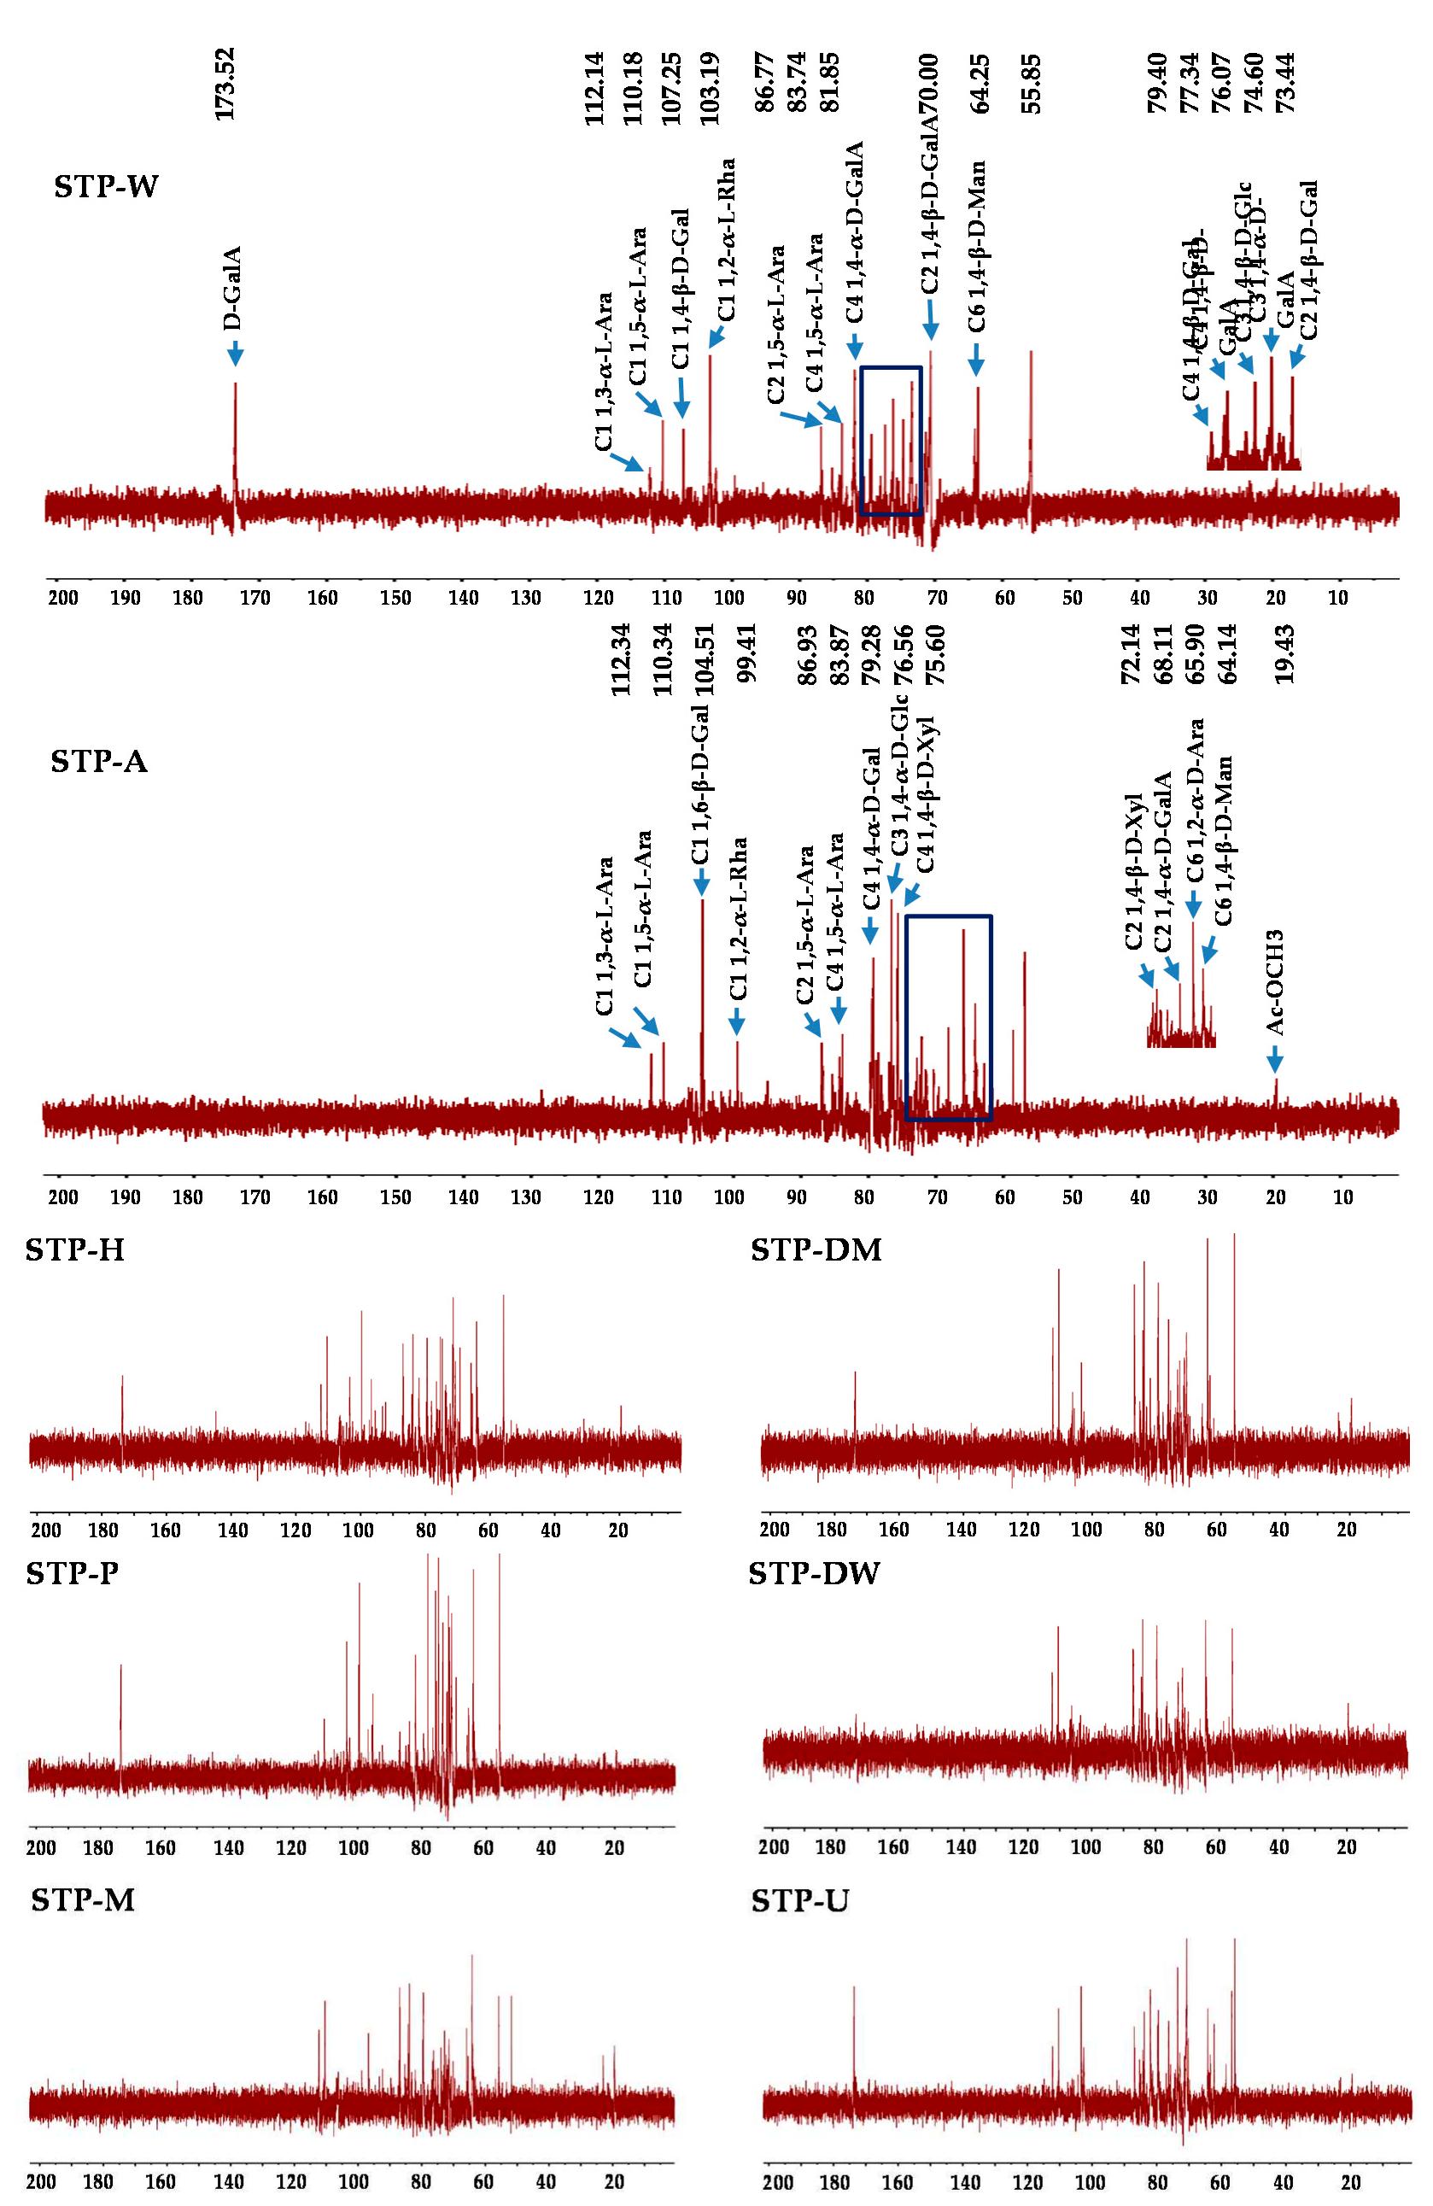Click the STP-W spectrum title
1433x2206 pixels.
pos(106,187)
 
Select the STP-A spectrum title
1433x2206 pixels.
pos(99,762)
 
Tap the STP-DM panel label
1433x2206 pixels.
pos(816,1250)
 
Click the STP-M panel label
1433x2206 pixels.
pos(83,1900)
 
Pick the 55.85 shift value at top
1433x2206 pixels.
pos(1031,84)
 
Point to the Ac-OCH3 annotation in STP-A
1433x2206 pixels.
pos(1277,982)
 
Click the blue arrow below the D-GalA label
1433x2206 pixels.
pos(235,353)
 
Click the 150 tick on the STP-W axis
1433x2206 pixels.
pos(395,599)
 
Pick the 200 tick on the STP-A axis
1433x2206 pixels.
pos(63,1197)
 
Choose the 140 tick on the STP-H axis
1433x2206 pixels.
pos(231,1530)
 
